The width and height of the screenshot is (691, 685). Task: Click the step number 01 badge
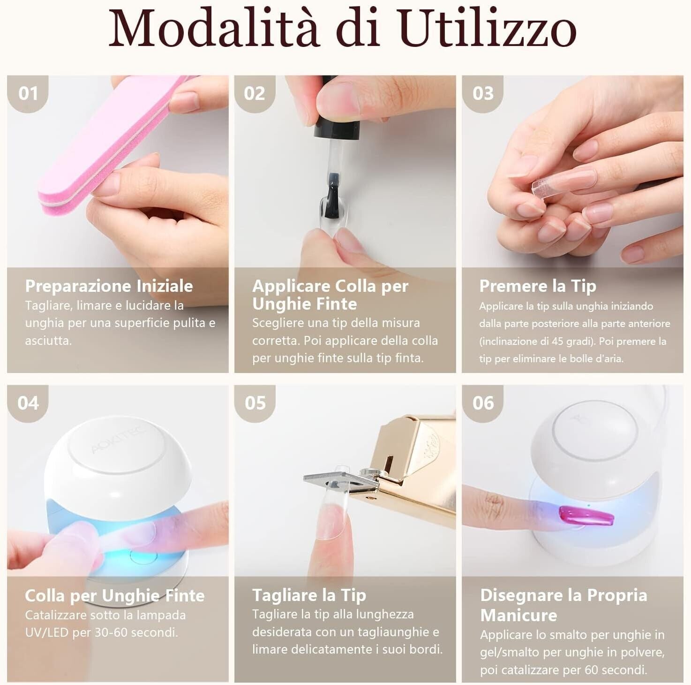[28, 94]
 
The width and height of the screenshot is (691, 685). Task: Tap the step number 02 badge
[255, 94]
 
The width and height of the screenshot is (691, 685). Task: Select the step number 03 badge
[483, 94]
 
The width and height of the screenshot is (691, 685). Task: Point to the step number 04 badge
[28, 403]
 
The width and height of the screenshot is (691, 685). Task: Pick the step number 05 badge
[255, 403]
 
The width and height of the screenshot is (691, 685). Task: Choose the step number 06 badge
[483, 403]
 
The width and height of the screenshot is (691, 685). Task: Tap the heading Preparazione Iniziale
[109, 286]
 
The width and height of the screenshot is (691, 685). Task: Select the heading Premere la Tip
[538, 286]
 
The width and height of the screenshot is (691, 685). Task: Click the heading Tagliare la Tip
[309, 595]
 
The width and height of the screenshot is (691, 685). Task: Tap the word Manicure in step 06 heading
[518, 616]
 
